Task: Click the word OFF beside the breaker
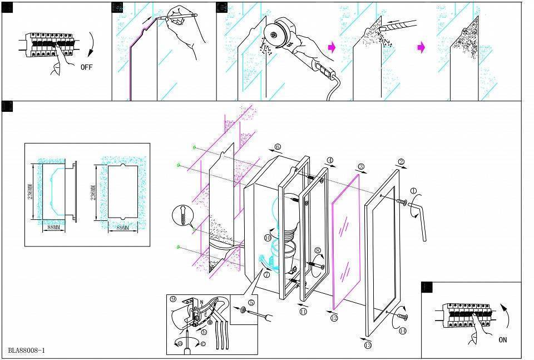87,67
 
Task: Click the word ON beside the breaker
503,339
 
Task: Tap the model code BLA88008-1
27,351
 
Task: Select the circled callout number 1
413,191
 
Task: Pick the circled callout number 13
368,345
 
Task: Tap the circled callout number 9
174,299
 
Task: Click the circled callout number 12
334,318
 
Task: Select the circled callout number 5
251,303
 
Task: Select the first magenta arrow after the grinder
332,48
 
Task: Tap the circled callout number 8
318,251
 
